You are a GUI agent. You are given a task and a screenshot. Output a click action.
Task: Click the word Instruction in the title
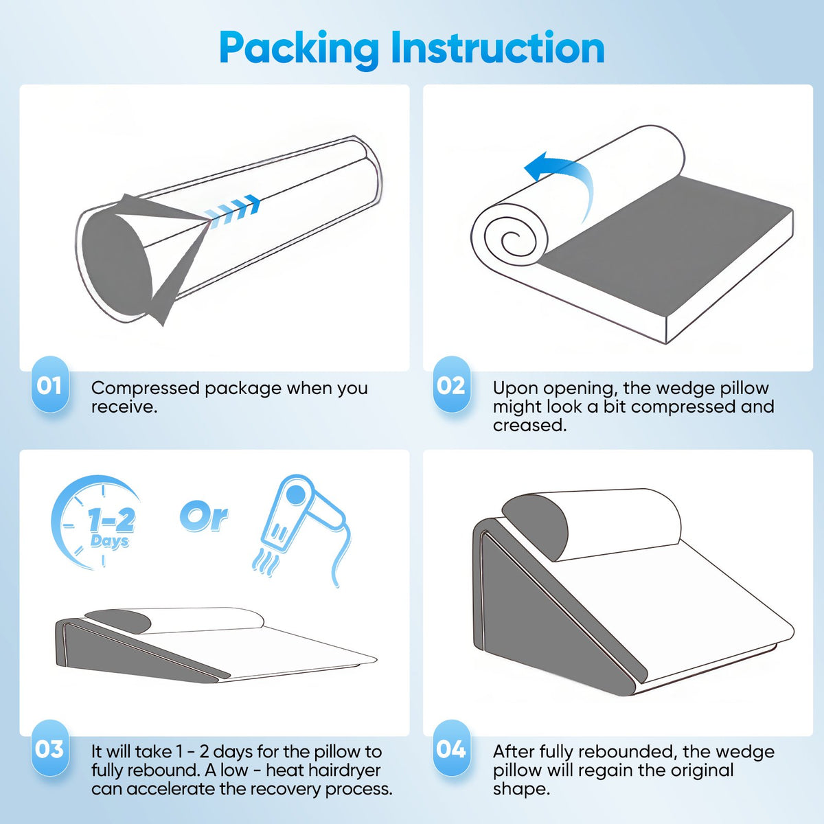click(497, 47)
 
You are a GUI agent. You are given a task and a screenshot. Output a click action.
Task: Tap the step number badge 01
click(50, 385)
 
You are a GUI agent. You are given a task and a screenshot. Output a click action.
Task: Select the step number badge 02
click(452, 385)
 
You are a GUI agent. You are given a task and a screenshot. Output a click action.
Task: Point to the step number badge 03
click(50, 748)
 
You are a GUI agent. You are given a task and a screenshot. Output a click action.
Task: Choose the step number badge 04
click(452, 748)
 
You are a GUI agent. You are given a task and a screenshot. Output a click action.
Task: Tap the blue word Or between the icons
click(203, 518)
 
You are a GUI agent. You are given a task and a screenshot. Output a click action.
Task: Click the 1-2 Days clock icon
click(95, 523)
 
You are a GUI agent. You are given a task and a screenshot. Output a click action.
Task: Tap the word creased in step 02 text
click(529, 425)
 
